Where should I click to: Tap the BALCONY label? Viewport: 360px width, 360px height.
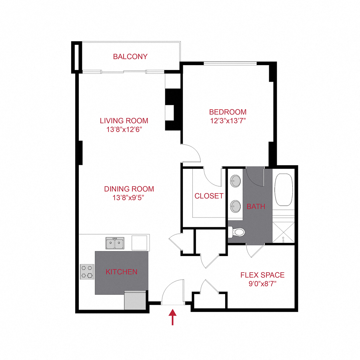[130, 57]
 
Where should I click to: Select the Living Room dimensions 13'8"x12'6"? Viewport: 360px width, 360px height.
[124, 129]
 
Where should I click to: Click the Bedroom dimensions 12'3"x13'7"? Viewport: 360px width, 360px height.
[228, 120]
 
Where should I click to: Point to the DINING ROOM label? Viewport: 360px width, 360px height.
[129, 189]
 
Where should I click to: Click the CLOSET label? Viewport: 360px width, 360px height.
[209, 196]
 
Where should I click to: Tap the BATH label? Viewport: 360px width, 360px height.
[256, 207]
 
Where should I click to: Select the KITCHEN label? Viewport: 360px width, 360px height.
[121, 272]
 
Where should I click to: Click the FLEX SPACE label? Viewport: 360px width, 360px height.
[262, 275]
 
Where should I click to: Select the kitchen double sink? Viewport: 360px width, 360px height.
[115, 243]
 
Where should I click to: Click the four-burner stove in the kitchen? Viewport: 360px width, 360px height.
[87, 272]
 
